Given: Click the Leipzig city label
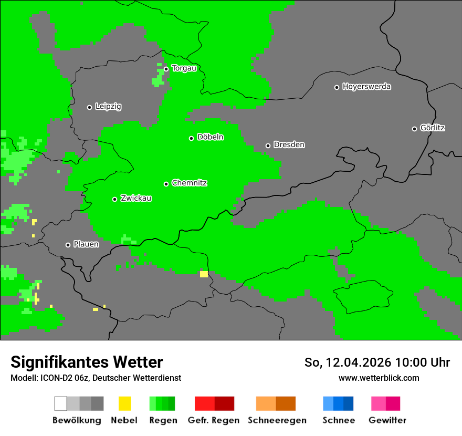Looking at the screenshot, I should (108, 107).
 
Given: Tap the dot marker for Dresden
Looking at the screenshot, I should (268, 146).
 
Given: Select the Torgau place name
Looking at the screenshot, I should (184, 68).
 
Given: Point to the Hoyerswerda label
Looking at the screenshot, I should (366, 87).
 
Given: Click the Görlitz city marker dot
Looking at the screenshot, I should (414, 129).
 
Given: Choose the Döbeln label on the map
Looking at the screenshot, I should (210, 137).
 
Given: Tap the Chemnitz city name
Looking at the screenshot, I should (189, 183).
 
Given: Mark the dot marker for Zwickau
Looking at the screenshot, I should (114, 199).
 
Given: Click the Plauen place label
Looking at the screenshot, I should (86, 244).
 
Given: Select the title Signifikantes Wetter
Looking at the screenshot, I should (87, 362).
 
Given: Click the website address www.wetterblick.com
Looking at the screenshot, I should (379, 378).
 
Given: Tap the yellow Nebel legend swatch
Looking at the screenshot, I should (124, 403).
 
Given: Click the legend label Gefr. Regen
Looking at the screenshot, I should (213, 420).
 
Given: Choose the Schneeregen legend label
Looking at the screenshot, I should (277, 420).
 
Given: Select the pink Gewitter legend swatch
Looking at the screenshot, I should (379, 403).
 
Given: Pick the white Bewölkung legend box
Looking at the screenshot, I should (61, 403).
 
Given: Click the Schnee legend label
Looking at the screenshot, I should (338, 420).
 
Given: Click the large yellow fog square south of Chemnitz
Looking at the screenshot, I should (204, 274).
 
